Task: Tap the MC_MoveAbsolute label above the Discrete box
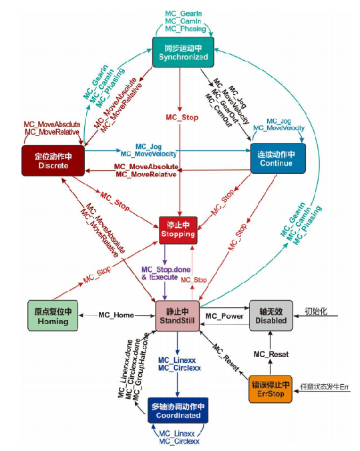[52, 125]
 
